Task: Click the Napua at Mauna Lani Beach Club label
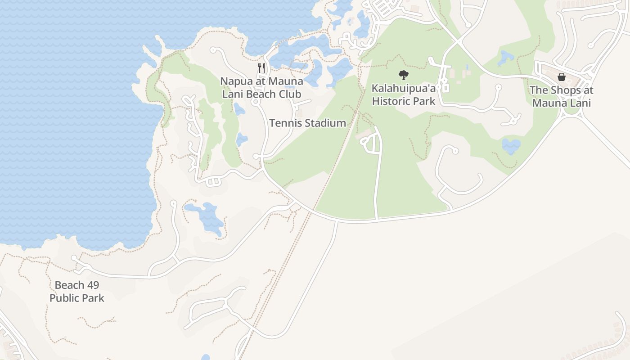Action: (x=261, y=88)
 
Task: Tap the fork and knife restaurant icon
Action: (x=261, y=68)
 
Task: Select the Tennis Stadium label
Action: (x=307, y=123)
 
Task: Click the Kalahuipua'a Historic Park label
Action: (x=404, y=94)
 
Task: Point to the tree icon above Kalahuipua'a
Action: (x=404, y=75)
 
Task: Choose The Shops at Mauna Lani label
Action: (x=561, y=96)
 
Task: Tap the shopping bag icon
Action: (x=561, y=77)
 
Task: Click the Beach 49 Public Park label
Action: (x=77, y=292)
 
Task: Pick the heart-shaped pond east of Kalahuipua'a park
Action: (x=511, y=146)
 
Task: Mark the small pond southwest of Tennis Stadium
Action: (x=242, y=139)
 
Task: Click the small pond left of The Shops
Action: (x=506, y=57)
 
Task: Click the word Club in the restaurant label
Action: (x=290, y=94)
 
